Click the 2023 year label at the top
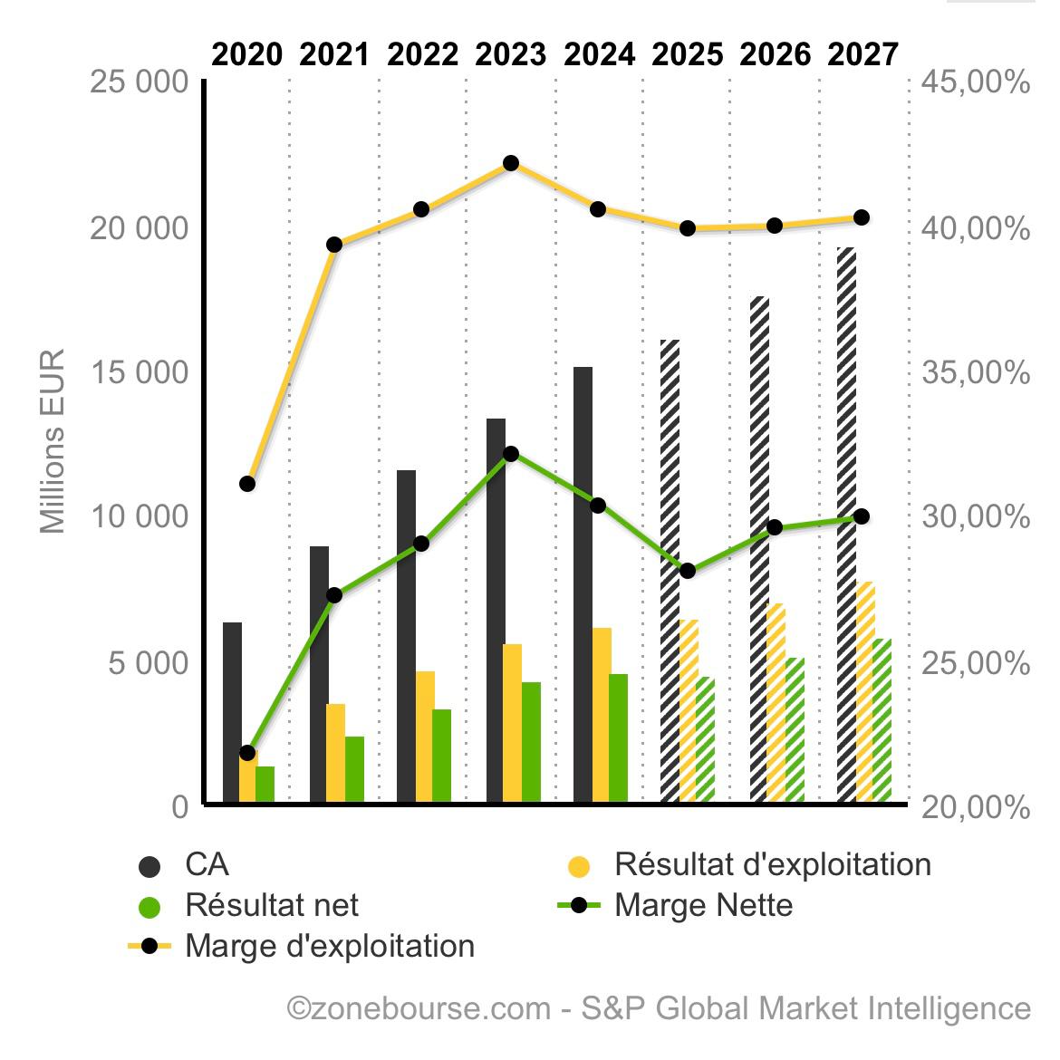click(x=510, y=55)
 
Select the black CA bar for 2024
click(x=583, y=584)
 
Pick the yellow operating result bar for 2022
click(x=425, y=736)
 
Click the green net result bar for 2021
click(x=354, y=769)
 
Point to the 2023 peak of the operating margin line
click(x=511, y=163)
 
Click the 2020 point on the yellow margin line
click(x=247, y=484)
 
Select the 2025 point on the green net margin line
click(x=688, y=571)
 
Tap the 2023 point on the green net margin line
click(x=511, y=454)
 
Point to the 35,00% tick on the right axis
click(x=975, y=372)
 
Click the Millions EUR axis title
click(x=53, y=441)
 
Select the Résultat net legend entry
click(x=271, y=904)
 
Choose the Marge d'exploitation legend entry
click(x=329, y=946)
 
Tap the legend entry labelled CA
click(x=207, y=864)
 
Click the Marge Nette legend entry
click(x=703, y=904)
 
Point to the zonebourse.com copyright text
click(x=659, y=1008)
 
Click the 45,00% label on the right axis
click(x=975, y=82)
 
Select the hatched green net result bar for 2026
click(x=795, y=729)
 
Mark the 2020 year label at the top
click(x=246, y=55)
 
